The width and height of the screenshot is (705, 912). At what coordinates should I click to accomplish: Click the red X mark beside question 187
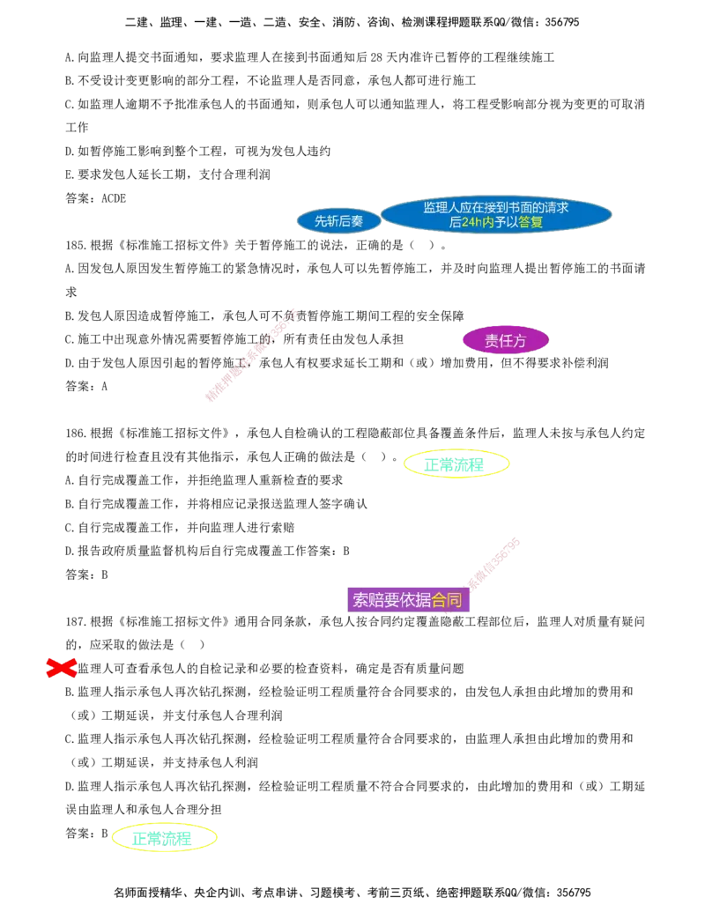click(x=61, y=668)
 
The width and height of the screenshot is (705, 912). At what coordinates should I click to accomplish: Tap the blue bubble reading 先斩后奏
click(x=338, y=221)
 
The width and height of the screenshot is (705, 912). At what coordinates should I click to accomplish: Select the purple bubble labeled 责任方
click(x=506, y=340)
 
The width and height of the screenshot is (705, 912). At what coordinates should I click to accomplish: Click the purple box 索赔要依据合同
click(x=408, y=599)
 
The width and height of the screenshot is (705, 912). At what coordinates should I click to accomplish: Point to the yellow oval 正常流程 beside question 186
click(x=456, y=464)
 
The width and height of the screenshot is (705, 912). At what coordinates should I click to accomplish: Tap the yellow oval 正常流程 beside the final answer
click(x=163, y=838)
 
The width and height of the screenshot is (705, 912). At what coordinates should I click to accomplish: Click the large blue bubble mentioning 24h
click(x=496, y=214)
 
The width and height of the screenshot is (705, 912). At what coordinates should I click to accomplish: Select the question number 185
click(x=75, y=246)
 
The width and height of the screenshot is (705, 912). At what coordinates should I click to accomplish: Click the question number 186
click(x=75, y=434)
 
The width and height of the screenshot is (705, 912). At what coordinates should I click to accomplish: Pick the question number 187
click(x=75, y=622)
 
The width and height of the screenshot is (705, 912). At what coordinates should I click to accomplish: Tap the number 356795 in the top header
click(x=562, y=22)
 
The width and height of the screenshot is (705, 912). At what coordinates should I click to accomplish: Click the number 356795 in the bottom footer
click(x=574, y=893)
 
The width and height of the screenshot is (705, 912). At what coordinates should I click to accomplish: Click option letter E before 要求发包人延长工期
click(x=69, y=174)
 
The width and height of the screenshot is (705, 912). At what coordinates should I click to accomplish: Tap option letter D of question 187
click(x=69, y=786)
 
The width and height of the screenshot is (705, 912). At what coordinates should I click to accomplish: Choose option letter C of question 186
click(x=69, y=528)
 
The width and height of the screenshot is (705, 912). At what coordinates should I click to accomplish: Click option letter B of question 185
click(x=69, y=315)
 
